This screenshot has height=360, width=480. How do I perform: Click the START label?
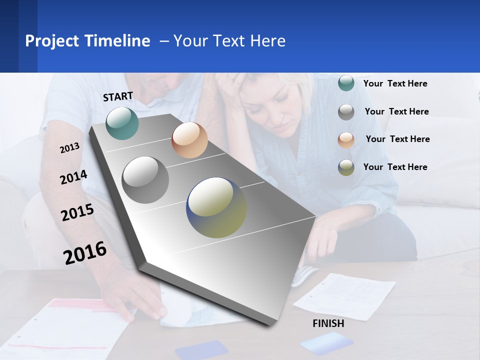click(118, 96)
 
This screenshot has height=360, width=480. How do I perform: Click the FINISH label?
click(328, 323)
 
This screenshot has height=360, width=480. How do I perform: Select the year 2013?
click(69, 147)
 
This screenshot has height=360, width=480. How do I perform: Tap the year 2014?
click(73, 177)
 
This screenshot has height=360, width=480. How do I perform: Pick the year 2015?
click(77, 212)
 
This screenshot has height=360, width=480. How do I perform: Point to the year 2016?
click(85, 252)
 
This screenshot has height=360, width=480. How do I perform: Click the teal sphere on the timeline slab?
click(122, 123)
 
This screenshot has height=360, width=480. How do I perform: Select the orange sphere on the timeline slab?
click(189, 140)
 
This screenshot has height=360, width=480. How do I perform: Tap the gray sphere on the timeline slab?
click(145, 180)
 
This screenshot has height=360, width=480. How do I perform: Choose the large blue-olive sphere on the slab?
click(216, 207)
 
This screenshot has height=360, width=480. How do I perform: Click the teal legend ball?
click(346, 83)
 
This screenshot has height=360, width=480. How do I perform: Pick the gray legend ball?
click(346, 111)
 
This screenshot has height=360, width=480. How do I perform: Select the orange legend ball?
click(346, 139)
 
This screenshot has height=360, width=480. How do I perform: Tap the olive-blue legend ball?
click(346, 167)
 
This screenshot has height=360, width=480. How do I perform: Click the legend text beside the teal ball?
click(395, 83)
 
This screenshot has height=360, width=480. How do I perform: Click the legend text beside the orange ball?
click(397, 139)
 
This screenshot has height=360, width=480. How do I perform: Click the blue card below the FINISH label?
click(326, 344)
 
